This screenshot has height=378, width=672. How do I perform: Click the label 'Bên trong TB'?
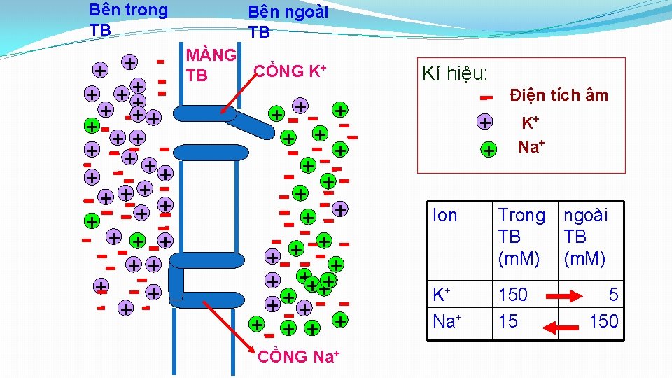pos(128,20)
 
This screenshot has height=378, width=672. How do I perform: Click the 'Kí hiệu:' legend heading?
pos(455,74)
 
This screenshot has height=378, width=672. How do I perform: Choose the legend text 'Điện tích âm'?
pos(559,95)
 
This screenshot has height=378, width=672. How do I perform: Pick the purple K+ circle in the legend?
pos(484,122)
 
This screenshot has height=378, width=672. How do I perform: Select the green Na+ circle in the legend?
pos(489,150)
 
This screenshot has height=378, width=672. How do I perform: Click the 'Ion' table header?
pos(445,216)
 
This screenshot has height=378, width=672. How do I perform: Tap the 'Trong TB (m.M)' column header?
pos(521,237)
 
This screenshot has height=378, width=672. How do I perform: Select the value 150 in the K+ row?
pos(513,295)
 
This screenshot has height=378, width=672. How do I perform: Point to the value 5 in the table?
pos(613,295)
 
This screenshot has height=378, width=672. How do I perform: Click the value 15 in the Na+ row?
pos(508,321)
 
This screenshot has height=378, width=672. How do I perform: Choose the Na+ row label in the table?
pos(446,321)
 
